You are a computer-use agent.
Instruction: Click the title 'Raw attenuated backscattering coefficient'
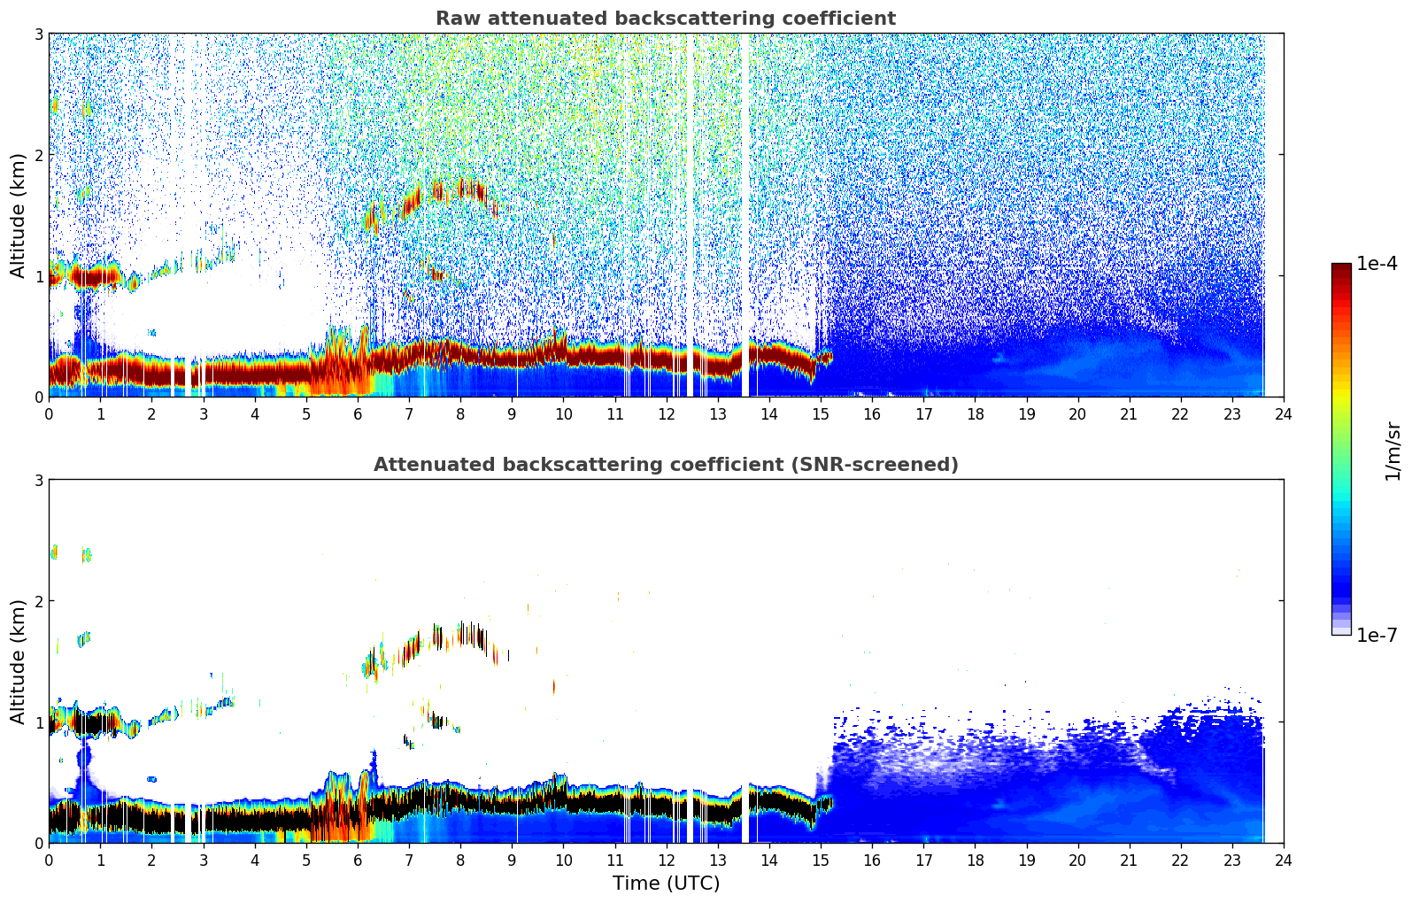click(x=665, y=19)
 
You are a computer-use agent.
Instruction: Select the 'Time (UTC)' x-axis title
click(x=666, y=883)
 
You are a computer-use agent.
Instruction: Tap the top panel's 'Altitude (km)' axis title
click(x=19, y=215)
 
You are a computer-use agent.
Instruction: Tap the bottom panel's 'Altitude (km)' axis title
click(x=19, y=661)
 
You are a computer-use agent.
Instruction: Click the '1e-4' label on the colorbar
click(x=1377, y=264)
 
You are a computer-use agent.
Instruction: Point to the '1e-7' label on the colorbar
click(x=1377, y=635)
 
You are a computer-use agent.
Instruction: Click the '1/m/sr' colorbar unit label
click(x=1393, y=451)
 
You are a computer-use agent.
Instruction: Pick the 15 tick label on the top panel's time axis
click(x=821, y=413)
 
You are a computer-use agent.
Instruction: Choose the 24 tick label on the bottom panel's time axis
click(x=1284, y=860)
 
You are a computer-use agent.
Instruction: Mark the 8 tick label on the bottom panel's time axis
click(x=460, y=860)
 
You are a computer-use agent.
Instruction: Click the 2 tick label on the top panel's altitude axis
click(x=38, y=155)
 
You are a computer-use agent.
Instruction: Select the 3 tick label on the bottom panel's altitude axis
click(x=38, y=481)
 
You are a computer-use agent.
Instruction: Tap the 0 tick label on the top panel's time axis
click(x=49, y=413)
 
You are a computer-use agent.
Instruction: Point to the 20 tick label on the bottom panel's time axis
click(x=1077, y=860)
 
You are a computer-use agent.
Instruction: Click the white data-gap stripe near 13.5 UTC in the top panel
click(x=745, y=212)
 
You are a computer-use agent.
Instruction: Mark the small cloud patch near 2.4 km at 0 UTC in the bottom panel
click(x=54, y=552)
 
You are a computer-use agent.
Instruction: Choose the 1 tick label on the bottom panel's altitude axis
click(x=38, y=722)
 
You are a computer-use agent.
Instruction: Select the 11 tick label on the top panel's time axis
click(x=614, y=413)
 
